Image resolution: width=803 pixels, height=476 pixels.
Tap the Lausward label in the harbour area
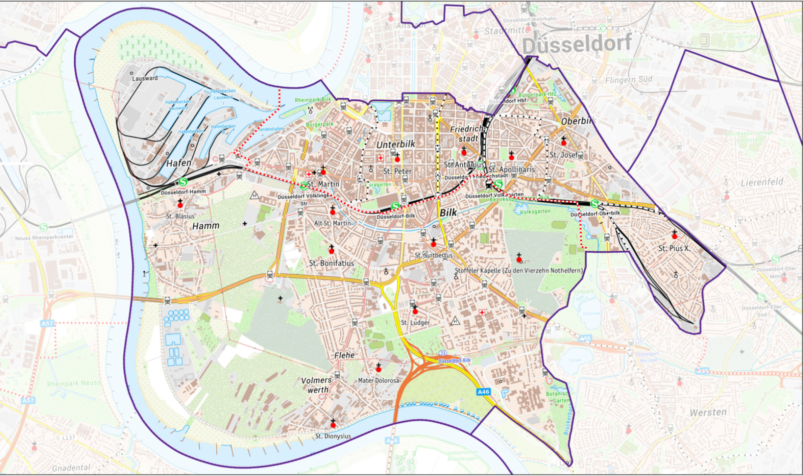[145, 78]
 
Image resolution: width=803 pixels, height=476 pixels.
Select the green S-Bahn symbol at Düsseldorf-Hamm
[183, 182]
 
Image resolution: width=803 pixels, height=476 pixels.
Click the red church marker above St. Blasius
[180, 205]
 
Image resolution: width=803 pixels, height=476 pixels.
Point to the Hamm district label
[206, 226]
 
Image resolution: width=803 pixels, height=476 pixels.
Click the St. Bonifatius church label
[331, 263]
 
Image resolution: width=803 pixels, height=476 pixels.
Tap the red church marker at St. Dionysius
[333, 425]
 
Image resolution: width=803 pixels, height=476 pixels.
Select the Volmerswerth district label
[317, 385]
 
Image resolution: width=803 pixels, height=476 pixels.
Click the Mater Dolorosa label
[378, 380]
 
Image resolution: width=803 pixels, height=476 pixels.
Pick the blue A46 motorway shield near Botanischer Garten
[483, 392]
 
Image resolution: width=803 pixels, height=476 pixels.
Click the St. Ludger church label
[415, 323]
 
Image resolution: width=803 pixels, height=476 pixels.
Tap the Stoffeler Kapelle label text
[518, 270]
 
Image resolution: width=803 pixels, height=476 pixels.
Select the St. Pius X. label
[674, 248]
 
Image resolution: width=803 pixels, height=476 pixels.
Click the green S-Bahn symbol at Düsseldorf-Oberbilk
[595, 204]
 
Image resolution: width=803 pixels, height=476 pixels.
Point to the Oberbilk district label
[577, 121]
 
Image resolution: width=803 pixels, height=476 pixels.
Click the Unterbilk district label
[396, 144]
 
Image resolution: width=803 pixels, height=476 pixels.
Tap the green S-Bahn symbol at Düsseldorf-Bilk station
[395, 206]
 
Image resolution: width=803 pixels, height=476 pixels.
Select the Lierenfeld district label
[761, 183]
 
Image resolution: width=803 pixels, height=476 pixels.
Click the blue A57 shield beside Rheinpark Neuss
[28, 400]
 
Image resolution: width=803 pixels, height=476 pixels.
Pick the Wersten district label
[708, 412]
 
